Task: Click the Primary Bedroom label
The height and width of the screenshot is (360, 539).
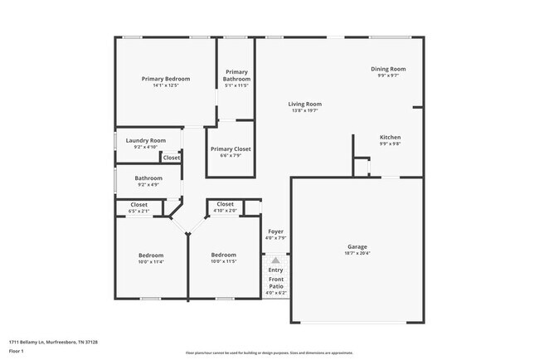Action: click(165, 79)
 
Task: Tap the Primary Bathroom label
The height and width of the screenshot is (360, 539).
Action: click(236, 75)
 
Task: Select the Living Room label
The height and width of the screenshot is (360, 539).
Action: click(303, 104)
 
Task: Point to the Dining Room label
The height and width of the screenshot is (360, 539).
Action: click(387, 69)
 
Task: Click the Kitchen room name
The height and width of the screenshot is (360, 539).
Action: click(390, 137)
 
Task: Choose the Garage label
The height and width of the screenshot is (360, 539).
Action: click(357, 246)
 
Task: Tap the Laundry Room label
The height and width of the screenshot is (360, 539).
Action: click(146, 140)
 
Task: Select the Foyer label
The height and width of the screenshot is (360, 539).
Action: click(276, 231)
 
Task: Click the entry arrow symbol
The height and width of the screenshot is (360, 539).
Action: click(276, 260)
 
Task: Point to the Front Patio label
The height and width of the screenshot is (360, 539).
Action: click(276, 283)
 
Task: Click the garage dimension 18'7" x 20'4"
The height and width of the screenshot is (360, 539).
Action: click(357, 253)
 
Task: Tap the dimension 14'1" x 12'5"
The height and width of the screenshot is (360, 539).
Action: click(165, 85)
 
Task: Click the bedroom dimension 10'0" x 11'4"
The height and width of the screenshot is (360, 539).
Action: click(150, 261)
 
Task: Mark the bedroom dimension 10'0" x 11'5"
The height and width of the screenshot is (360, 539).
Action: click(223, 261)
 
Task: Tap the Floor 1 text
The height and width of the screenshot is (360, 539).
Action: click(16, 352)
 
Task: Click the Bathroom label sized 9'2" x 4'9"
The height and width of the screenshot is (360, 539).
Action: click(148, 178)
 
